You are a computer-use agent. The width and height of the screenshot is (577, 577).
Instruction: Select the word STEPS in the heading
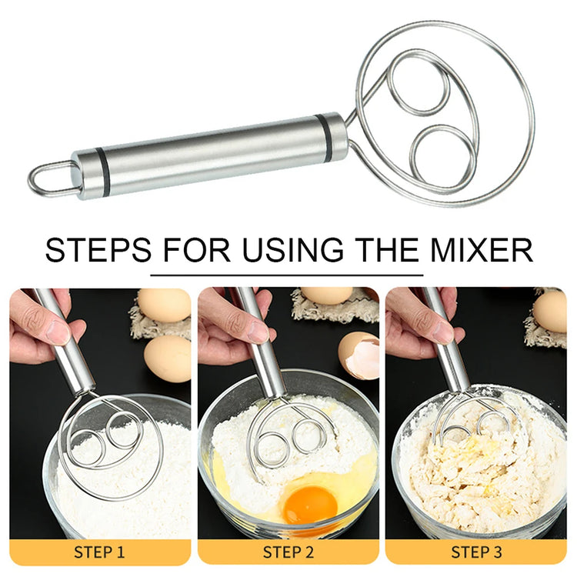coord(98,250)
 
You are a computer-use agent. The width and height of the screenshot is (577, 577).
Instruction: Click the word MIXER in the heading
coord(482,250)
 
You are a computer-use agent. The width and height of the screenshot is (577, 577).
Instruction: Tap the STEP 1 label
coord(99,552)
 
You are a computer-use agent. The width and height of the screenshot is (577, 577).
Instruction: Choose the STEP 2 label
coord(288,552)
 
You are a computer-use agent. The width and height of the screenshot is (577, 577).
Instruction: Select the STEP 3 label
coord(476,552)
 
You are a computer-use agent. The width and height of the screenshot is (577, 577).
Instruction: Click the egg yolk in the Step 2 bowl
coord(310,504)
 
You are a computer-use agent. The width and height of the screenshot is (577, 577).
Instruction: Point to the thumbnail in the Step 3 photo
coord(443,332)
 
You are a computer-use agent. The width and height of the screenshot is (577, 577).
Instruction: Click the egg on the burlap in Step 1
coord(164,305)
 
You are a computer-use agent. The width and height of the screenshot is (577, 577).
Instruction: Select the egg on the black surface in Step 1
coord(168,359)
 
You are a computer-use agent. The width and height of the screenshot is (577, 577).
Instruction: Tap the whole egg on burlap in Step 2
coord(327,295)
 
